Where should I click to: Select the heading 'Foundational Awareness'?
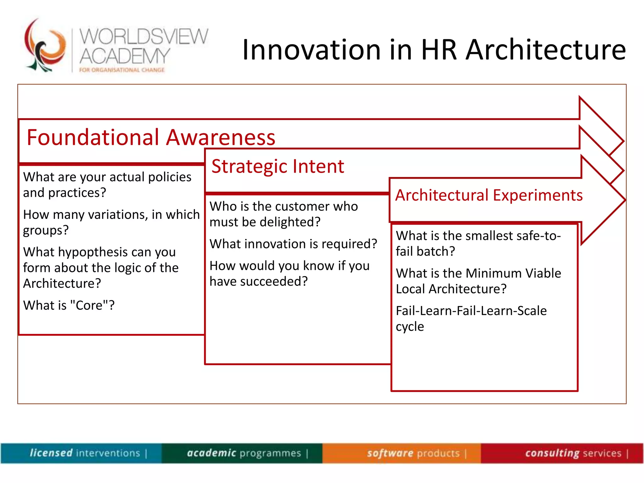[151, 137]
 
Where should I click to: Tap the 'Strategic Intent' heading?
[278, 166]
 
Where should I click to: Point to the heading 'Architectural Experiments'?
[489, 195]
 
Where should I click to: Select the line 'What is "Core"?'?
[69, 305]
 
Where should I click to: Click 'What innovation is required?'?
[293, 244]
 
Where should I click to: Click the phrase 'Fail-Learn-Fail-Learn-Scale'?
[471, 311]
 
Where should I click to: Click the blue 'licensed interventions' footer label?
[85, 453]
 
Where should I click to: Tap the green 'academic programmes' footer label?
[244, 453]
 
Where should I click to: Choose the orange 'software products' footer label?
[413, 453]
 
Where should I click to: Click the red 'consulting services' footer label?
[573, 453]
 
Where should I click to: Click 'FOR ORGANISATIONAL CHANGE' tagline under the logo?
[122, 70]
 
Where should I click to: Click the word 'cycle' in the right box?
[410, 327]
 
